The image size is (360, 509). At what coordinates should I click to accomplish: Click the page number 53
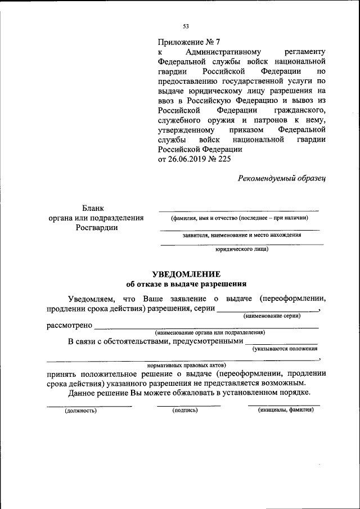[186, 26]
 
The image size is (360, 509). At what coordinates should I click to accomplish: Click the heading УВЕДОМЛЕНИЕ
[186, 274]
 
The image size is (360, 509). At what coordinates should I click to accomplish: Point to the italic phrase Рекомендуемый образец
[282, 178]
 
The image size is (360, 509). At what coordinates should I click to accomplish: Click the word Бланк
[93, 208]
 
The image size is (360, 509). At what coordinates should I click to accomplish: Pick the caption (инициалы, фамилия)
[286, 411]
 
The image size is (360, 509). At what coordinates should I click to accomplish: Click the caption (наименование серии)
[272, 317]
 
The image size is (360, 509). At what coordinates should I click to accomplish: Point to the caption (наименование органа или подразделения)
[206, 332]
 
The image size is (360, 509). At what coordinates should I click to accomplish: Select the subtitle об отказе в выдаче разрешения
[186, 284]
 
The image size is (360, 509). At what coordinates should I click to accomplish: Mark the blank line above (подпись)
[188, 405]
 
